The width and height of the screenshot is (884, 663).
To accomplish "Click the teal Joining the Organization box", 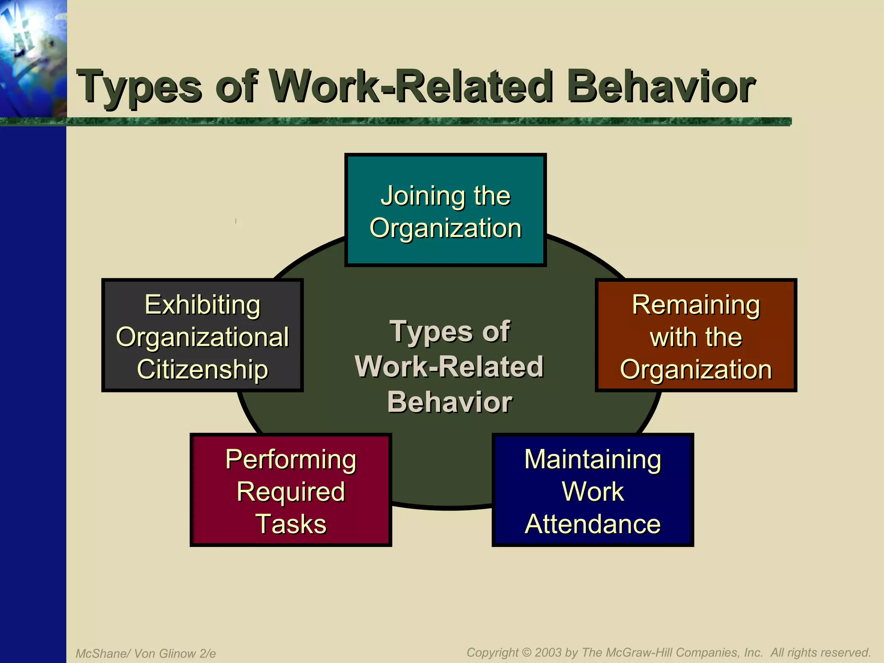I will click(x=445, y=210).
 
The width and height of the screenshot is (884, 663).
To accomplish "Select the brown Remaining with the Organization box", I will click(x=696, y=335).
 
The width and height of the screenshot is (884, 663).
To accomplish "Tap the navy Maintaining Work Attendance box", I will click(x=593, y=490).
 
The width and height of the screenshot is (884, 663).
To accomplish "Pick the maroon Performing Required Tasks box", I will click(x=290, y=490).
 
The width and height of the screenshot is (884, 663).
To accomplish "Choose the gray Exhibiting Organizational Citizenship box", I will click(x=202, y=335).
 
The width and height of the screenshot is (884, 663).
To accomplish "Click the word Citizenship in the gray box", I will click(x=202, y=369).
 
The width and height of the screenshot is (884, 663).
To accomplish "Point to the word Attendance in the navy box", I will click(x=593, y=524).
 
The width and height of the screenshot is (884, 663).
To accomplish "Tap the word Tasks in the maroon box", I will click(x=290, y=524).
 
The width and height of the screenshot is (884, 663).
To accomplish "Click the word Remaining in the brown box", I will click(x=696, y=305).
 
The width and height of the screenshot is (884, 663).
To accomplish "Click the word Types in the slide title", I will click(x=139, y=87).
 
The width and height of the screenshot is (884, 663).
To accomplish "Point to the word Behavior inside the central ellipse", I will click(x=450, y=402).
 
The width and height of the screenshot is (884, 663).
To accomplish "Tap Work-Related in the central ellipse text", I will click(x=449, y=366).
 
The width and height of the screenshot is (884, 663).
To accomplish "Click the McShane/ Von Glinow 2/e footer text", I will click(x=146, y=654).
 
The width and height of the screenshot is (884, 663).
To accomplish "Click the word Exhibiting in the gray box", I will click(x=202, y=305).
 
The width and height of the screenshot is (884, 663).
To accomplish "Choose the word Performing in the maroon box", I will click(x=290, y=459).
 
